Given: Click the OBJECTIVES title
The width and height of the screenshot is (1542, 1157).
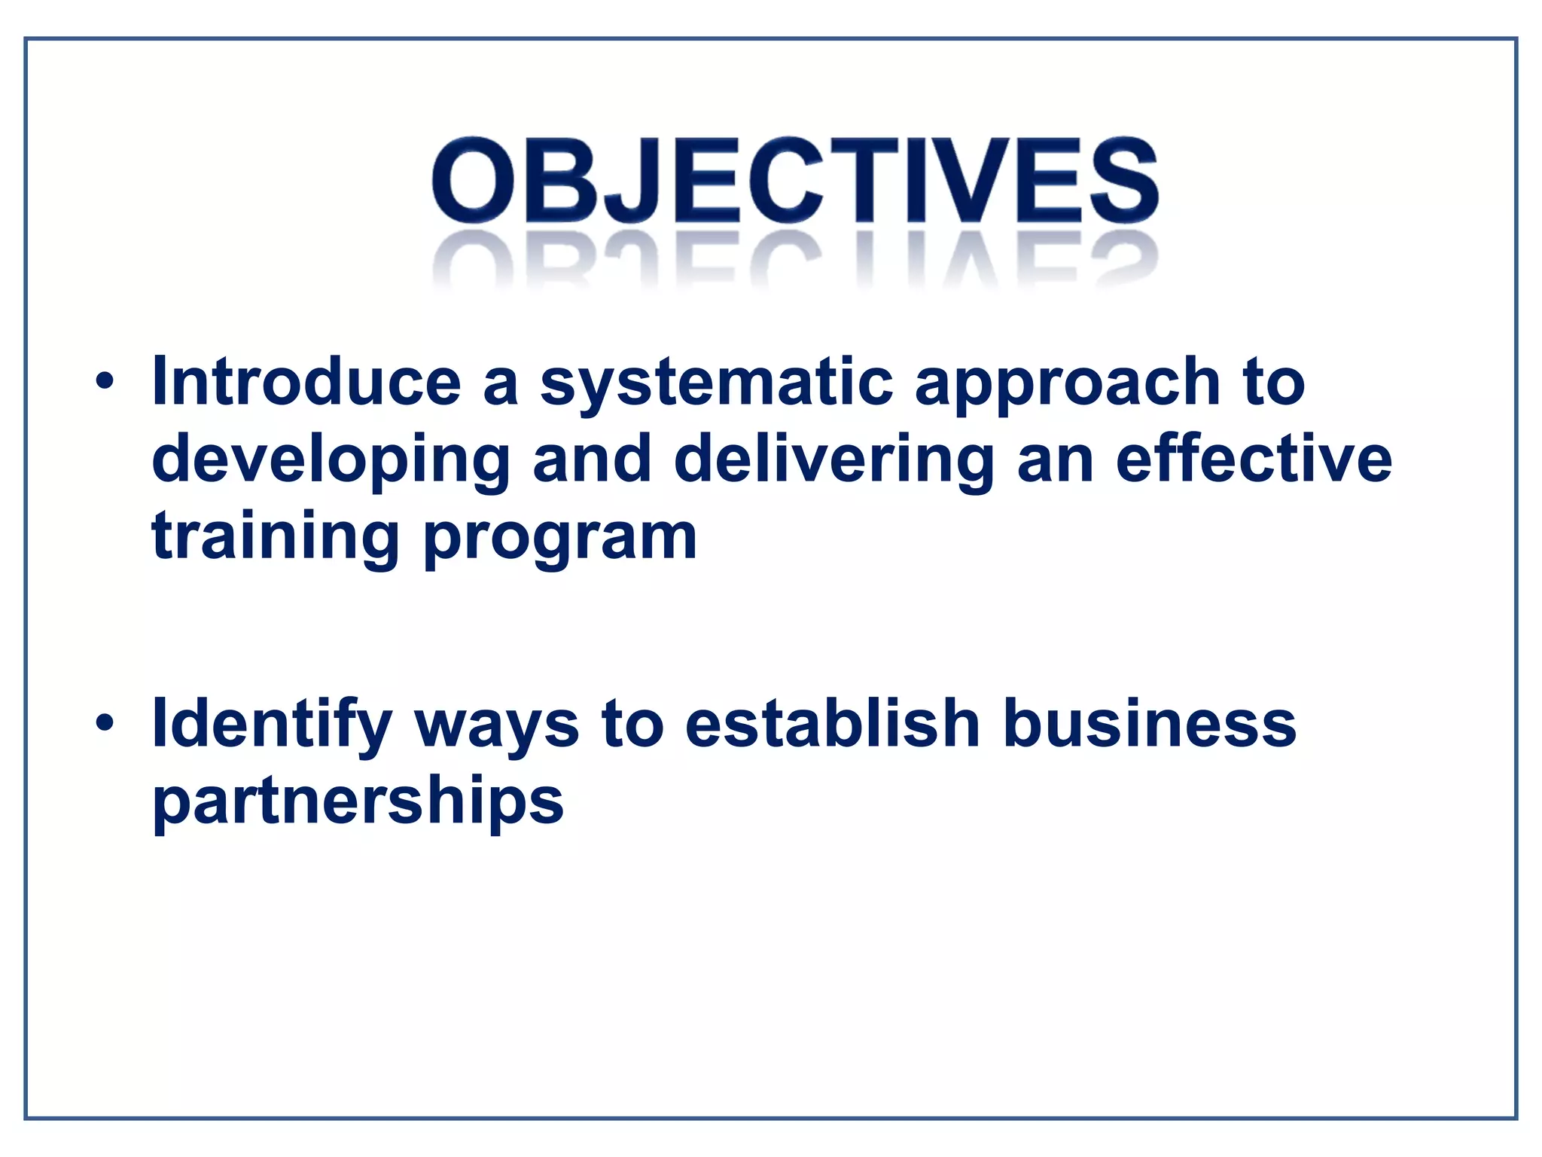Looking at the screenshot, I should click(x=794, y=181).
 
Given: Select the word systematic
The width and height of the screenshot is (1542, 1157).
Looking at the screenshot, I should click(x=716, y=384).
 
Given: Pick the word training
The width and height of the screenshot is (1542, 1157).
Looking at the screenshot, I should click(x=276, y=538).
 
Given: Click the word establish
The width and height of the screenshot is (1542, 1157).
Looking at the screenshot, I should click(x=833, y=723).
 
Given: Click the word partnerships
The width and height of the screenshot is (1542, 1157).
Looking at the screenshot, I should click(x=358, y=801).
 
